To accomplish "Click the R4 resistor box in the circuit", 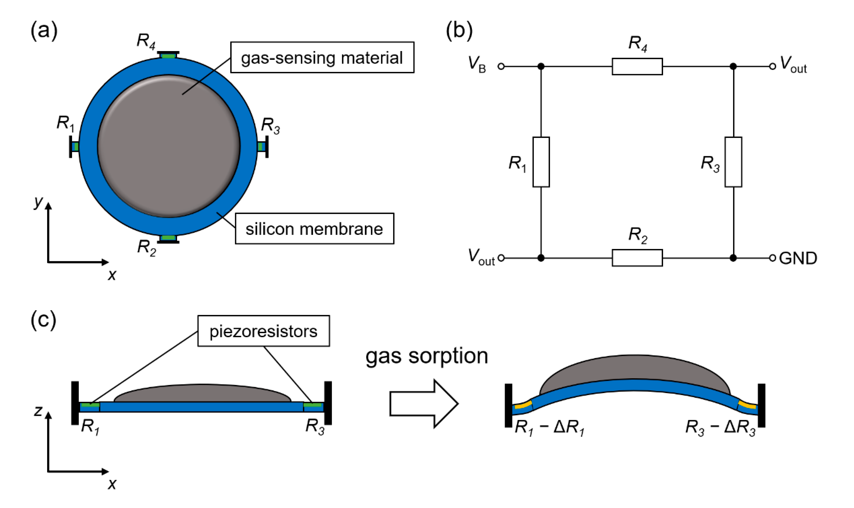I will pos(637,66).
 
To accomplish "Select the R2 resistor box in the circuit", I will pos(637,258).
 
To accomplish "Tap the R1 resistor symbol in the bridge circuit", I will pos(541,162).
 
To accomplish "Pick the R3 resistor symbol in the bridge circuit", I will pos(733,162).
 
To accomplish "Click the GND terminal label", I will pos(798,258).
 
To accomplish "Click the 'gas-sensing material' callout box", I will pos(322,57).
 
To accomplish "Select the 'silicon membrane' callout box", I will pos(314,229).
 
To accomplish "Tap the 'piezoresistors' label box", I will pos(263,331).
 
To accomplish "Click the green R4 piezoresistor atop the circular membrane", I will pos(168,56).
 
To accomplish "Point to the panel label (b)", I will pos(459,31).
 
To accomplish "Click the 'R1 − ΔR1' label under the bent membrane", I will pos(549,428).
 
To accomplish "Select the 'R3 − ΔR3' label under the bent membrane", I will pos(720,428).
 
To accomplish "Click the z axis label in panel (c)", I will pos(38,410).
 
